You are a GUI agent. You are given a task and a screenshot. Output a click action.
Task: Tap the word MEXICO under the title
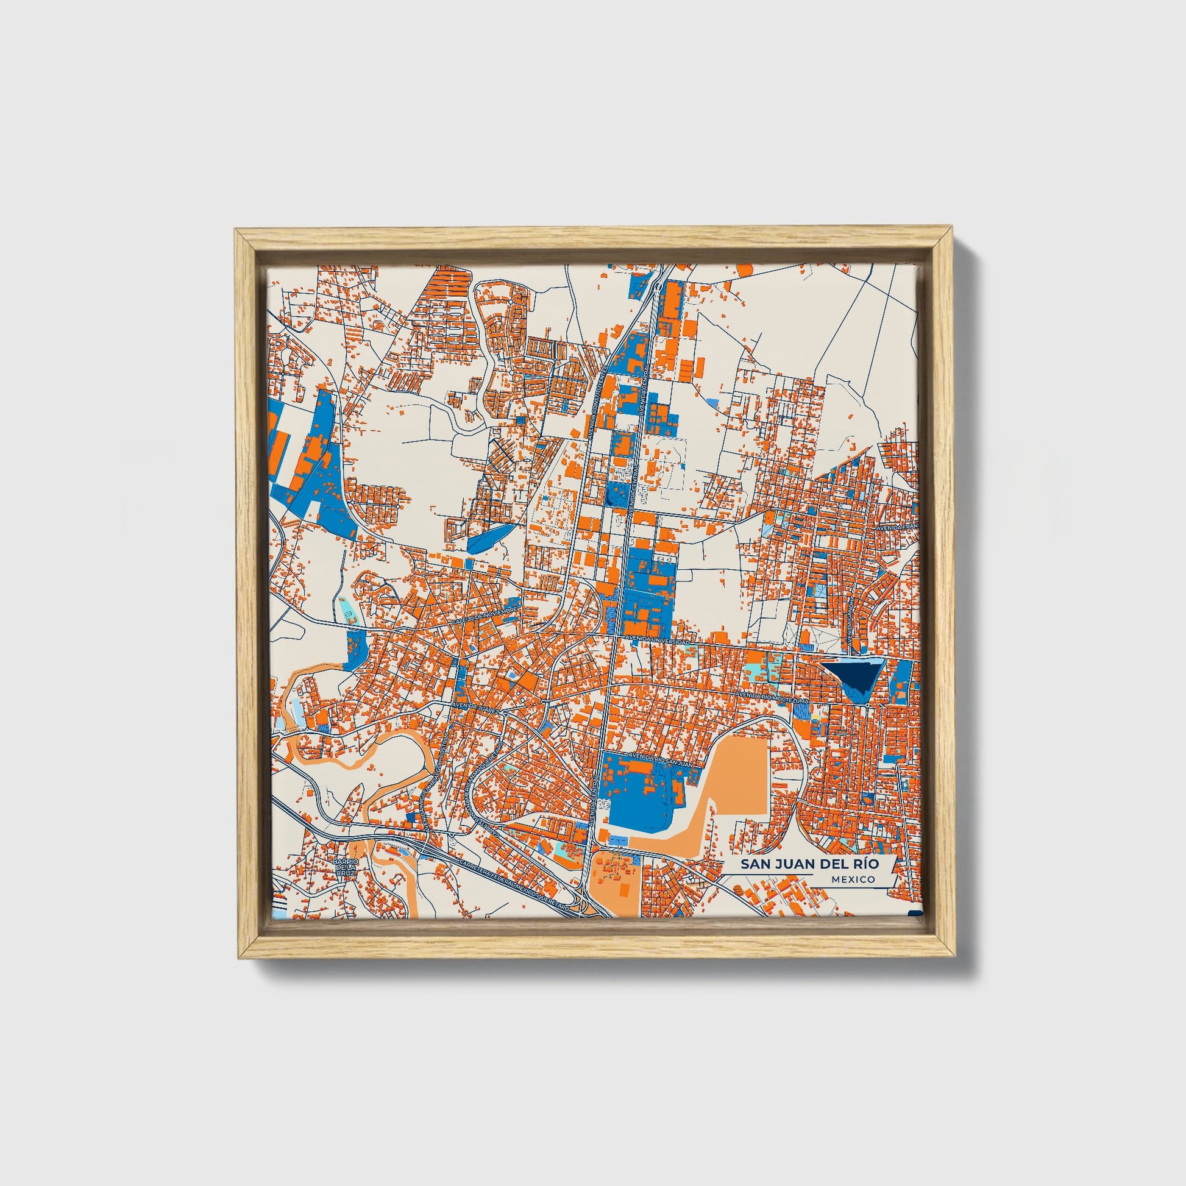click(x=853, y=879)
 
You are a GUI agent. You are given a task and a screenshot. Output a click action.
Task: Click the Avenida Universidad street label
click(x=658, y=641)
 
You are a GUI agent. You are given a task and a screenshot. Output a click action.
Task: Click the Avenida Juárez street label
click(x=477, y=707)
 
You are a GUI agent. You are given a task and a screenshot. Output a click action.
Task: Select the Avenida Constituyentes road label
click(x=605, y=393)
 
